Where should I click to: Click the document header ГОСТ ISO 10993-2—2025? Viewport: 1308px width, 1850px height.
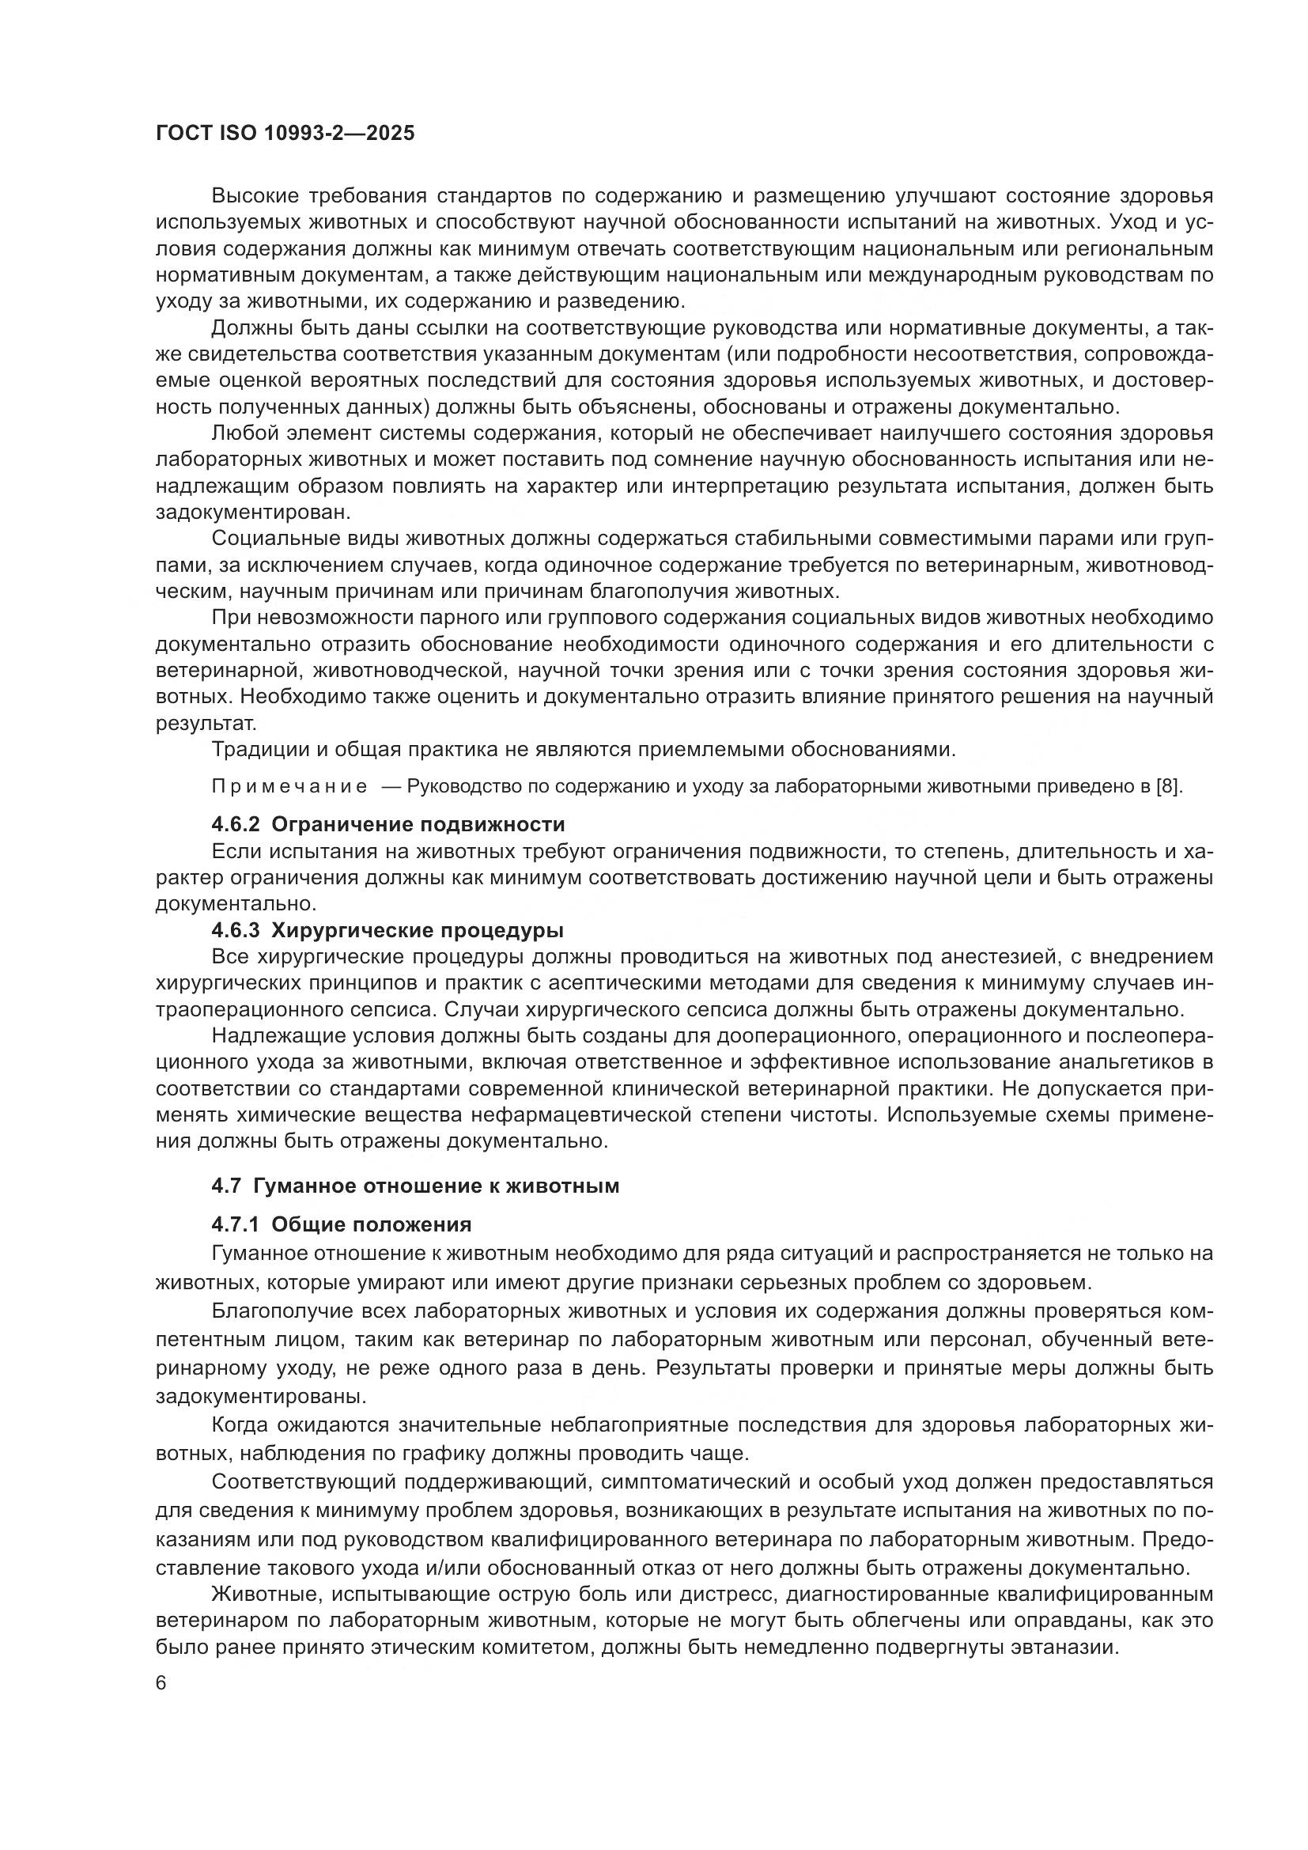285,133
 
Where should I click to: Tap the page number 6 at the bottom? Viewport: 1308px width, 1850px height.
161,1684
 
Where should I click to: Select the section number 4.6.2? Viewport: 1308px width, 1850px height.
235,824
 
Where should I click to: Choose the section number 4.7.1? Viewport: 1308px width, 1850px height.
235,1224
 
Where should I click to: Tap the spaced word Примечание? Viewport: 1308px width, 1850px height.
289,786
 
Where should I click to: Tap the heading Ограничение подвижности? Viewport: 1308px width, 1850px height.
418,824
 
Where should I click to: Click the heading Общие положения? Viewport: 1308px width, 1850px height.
372,1224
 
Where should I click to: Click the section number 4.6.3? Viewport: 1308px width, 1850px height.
235,930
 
